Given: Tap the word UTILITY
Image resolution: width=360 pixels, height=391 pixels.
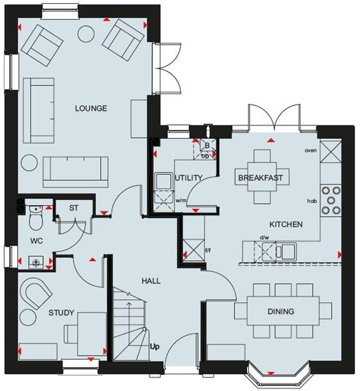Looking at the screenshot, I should click(189, 177).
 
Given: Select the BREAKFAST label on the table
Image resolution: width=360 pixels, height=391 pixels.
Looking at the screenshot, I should click(260, 177).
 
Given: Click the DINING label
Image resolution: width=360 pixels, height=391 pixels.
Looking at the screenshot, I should click(280, 312).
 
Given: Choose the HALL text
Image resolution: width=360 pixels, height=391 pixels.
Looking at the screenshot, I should click(151, 281).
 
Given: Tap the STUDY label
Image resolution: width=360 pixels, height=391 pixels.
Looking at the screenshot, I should click(62, 313).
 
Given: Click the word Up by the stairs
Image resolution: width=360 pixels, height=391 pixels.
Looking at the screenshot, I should click(155, 347).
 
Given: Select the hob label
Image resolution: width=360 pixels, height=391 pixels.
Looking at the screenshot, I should click(313, 201).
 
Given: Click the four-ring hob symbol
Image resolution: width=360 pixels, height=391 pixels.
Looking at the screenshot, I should click(332, 200).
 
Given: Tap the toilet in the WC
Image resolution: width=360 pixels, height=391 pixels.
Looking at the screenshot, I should click(36, 219).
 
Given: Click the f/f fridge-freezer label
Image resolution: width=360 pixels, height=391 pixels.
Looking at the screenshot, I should click(208, 250).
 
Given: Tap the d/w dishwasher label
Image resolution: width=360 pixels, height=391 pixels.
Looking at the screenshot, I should click(264, 237).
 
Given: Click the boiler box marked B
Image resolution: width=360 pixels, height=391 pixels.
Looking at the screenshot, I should click(206, 145).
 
